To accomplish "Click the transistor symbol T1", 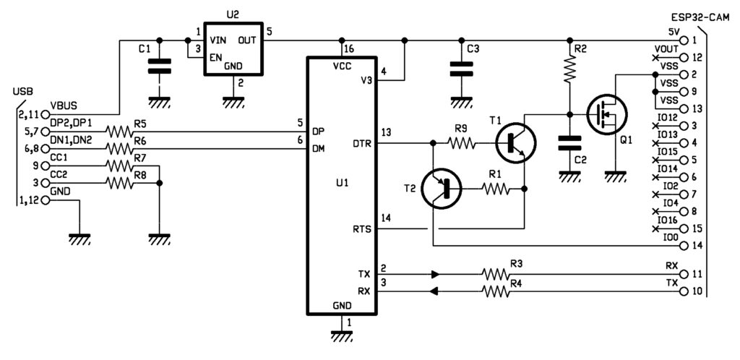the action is tap(515, 143).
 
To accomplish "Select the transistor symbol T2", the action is tap(441, 189).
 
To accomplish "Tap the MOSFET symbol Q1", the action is tap(606, 115).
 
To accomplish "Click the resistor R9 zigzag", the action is tap(462, 143).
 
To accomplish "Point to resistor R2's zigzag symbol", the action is tap(569, 69).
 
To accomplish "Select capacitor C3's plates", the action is tap(461, 69).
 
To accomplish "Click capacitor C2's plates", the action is tap(569, 143).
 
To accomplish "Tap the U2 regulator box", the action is tap(233, 48).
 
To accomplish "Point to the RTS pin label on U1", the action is tap(363, 230).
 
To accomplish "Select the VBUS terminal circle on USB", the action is tap(46, 114).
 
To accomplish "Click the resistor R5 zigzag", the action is tap(120, 132).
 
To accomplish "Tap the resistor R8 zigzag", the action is tap(120, 183).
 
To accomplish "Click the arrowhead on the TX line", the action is tap(435, 274).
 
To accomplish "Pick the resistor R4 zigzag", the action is tap(496, 292).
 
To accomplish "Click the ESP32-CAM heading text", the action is tap(700, 18).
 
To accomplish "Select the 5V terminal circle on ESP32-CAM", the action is tap(684, 40).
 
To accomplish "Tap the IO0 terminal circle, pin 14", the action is tap(684, 246).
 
